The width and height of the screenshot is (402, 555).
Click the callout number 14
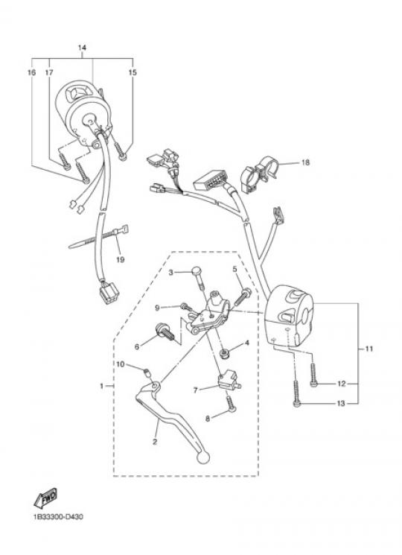[82, 48]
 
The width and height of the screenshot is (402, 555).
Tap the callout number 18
[305, 162]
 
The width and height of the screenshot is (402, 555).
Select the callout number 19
[120, 260]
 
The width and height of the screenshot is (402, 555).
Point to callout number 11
[369, 349]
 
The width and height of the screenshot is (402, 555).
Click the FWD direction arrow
[45, 498]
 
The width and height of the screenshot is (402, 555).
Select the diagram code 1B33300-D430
[58, 517]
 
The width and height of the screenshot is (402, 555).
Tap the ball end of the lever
[202, 457]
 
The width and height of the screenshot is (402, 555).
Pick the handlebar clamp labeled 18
[260, 174]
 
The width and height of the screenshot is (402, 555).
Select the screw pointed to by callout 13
[296, 393]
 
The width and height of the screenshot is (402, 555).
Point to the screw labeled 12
[313, 375]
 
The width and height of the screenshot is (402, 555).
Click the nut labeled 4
[224, 353]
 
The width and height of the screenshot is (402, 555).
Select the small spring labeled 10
[147, 372]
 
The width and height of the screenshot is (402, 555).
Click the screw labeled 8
[231, 404]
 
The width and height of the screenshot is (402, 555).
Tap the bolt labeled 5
[242, 296]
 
